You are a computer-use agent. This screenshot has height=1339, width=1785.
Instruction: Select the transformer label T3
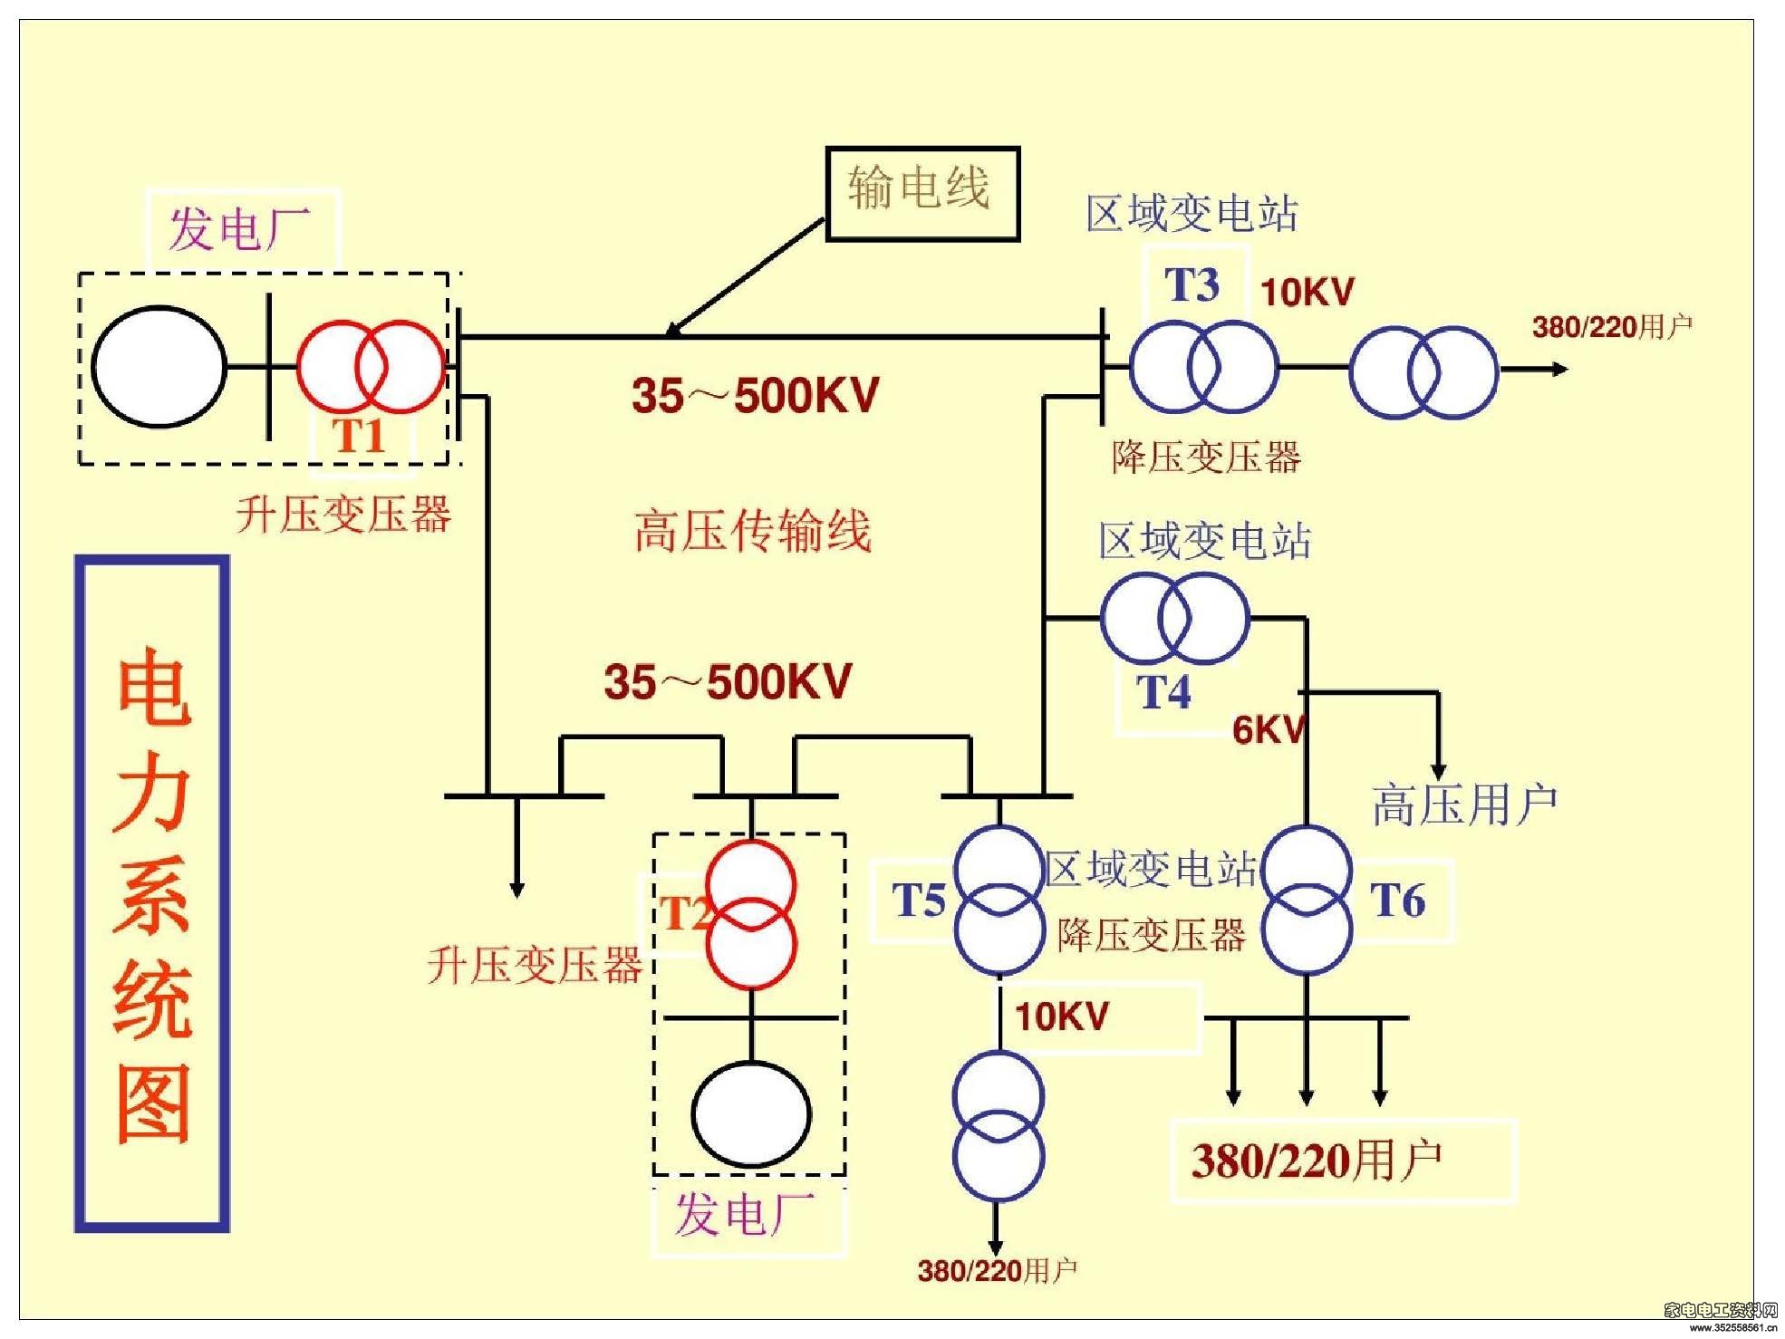click(x=1192, y=285)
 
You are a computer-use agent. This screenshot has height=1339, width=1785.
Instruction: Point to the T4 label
click(x=1163, y=692)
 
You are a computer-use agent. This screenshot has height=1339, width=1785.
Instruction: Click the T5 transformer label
click(x=920, y=900)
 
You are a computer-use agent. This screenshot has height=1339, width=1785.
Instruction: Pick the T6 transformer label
click(x=1397, y=901)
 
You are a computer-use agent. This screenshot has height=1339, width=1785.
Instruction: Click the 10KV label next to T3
click(x=1307, y=292)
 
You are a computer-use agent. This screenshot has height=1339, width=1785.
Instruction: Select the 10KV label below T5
click(x=1061, y=1016)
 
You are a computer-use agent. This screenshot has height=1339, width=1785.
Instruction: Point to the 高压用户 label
click(x=1464, y=804)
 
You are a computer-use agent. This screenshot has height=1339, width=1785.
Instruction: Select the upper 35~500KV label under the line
click(x=755, y=395)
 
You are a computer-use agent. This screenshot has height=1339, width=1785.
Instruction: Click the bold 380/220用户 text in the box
click(x=1317, y=1161)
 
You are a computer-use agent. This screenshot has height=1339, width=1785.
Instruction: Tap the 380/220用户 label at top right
click(x=1612, y=326)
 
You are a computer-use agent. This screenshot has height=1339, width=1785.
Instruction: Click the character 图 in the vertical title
click(x=153, y=1103)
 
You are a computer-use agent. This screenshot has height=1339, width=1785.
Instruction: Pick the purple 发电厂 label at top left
click(x=239, y=227)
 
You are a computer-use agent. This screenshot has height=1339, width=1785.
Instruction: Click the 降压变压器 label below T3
click(x=1206, y=457)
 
